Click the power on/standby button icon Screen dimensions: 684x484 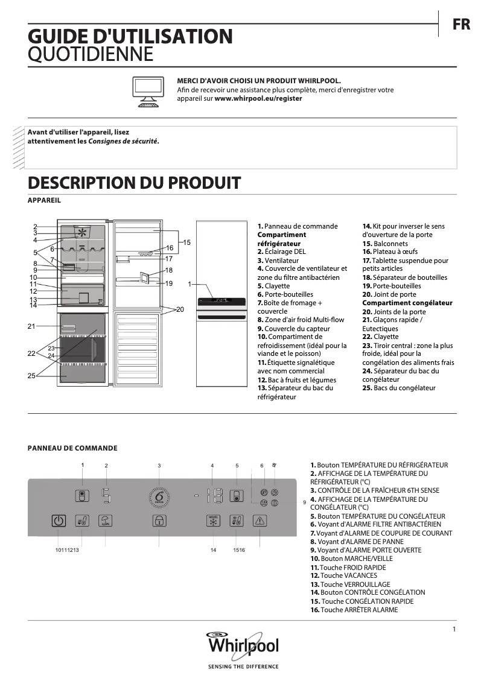[x=58, y=521]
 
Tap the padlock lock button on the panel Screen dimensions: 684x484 [x=159, y=521]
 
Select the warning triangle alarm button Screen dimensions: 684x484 [x=260, y=521]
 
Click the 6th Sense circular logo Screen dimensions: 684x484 [x=159, y=497]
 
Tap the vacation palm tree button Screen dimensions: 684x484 [x=106, y=521]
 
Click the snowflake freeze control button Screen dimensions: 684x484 [x=212, y=521]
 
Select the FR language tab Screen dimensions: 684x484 [x=462, y=25]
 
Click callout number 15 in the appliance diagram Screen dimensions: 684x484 [x=186, y=242]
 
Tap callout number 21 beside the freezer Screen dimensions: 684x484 [x=31, y=326]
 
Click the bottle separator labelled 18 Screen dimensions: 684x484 [x=145, y=277]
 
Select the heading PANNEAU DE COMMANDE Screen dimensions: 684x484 [x=72, y=448]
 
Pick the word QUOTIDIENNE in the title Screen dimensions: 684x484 [x=91, y=55]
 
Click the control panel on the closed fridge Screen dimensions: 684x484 [x=221, y=301]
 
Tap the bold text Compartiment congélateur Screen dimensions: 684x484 [x=407, y=303]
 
